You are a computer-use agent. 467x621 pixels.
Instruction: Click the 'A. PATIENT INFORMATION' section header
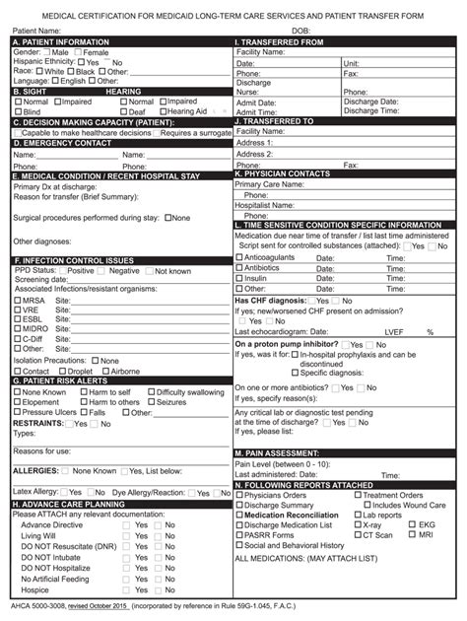click(x=61, y=42)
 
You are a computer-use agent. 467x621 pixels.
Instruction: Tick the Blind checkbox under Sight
click(x=18, y=111)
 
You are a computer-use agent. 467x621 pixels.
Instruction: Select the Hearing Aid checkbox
click(x=162, y=111)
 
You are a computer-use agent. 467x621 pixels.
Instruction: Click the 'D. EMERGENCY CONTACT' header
click(x=62, y=143)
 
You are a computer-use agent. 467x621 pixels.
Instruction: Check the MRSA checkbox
click(x=17, y=300)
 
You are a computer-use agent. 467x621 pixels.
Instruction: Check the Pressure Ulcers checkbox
click(x=17, y=412)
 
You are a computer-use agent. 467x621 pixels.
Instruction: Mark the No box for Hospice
click(x=157, y=589)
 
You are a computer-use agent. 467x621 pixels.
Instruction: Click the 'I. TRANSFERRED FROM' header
click(x=280, y=42)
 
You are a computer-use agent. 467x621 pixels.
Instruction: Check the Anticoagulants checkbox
click(x=239, y=257)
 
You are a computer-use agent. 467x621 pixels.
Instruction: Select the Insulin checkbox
click(x=239, y=279)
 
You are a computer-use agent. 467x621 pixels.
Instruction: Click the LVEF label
click(x=394, y=332)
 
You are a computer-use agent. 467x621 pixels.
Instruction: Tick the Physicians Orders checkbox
click(x=239, y=495)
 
